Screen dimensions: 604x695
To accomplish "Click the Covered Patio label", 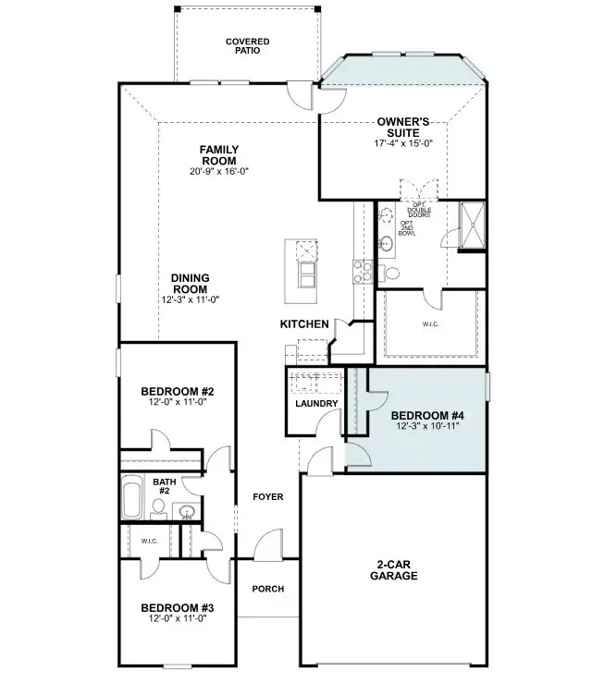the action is click(x=248, y=46).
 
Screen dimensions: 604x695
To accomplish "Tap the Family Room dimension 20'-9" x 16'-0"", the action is click(x=219, y=171).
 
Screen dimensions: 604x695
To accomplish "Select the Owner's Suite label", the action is click(x=403, y=128).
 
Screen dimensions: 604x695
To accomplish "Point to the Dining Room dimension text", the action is click(x=191, y=299).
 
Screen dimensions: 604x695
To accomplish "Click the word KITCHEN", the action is click(x=304, y=324).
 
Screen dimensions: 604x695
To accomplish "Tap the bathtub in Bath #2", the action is click(x=132, y=497).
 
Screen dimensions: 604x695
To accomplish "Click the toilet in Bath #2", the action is click(x=158, y=509).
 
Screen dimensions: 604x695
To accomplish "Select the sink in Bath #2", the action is click(x=187, y=512).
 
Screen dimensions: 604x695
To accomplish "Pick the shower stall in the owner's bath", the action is click(x=473, y=226).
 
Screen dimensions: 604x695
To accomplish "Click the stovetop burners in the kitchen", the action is click(x=363, y=272).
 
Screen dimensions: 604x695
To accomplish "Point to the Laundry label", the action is click(x=316, y=404).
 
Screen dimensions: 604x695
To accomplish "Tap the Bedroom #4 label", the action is click(x=427, y=416).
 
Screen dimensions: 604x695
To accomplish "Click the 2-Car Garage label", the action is click(x=394, y=570).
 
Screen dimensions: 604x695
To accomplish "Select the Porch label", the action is click(x=268, y=589).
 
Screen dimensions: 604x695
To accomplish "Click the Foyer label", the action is click(x=268, y=497).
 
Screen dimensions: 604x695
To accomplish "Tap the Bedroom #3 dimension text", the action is click(x=178, y=618).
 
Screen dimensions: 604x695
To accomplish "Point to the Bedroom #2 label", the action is click(x=178, y=392).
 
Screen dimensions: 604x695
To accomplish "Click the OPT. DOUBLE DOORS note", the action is click(x=419, y=210).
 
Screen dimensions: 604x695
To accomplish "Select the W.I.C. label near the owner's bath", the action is click(x=431, y=324).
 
